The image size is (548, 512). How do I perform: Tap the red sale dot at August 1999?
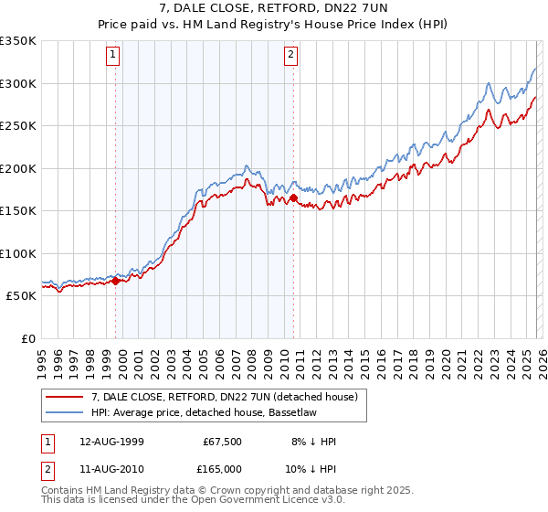[x=116, y=282]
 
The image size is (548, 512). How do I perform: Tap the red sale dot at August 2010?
[x=293, y=197]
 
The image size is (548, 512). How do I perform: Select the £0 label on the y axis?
[x=27, y=338]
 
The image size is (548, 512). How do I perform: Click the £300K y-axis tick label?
[x=18, y=83]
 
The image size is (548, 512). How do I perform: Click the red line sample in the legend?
[x=65, y=396]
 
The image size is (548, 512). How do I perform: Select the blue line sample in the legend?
[x=65, y=412]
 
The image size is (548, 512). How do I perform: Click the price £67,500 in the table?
[x=222, y=442]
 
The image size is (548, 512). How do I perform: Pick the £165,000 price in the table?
[x=220, y=469]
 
